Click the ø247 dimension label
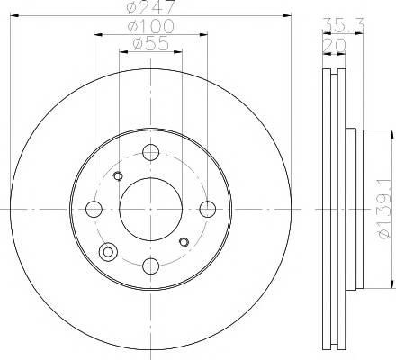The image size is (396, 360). pyautogui.click(x=150, y=6)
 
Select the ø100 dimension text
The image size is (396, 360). pyautogui.click(x=150, y=26)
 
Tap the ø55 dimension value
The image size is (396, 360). pyautogui.click(x=150, y=44)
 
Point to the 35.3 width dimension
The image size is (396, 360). pyautogui.click(x=343, y=25)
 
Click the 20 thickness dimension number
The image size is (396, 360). pyautogui.click(x=334, y=46)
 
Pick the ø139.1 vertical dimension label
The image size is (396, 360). pyautogui.click(x=385, y=209)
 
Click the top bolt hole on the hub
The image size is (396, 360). pyautogui.click(x=150, y=152)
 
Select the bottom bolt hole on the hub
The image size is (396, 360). pyautogui.click(x=150, y=265)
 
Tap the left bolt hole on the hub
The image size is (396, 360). pyautogui.click(x=94, y=209)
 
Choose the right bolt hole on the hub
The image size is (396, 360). pyautogui.click(x=208, y=209)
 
